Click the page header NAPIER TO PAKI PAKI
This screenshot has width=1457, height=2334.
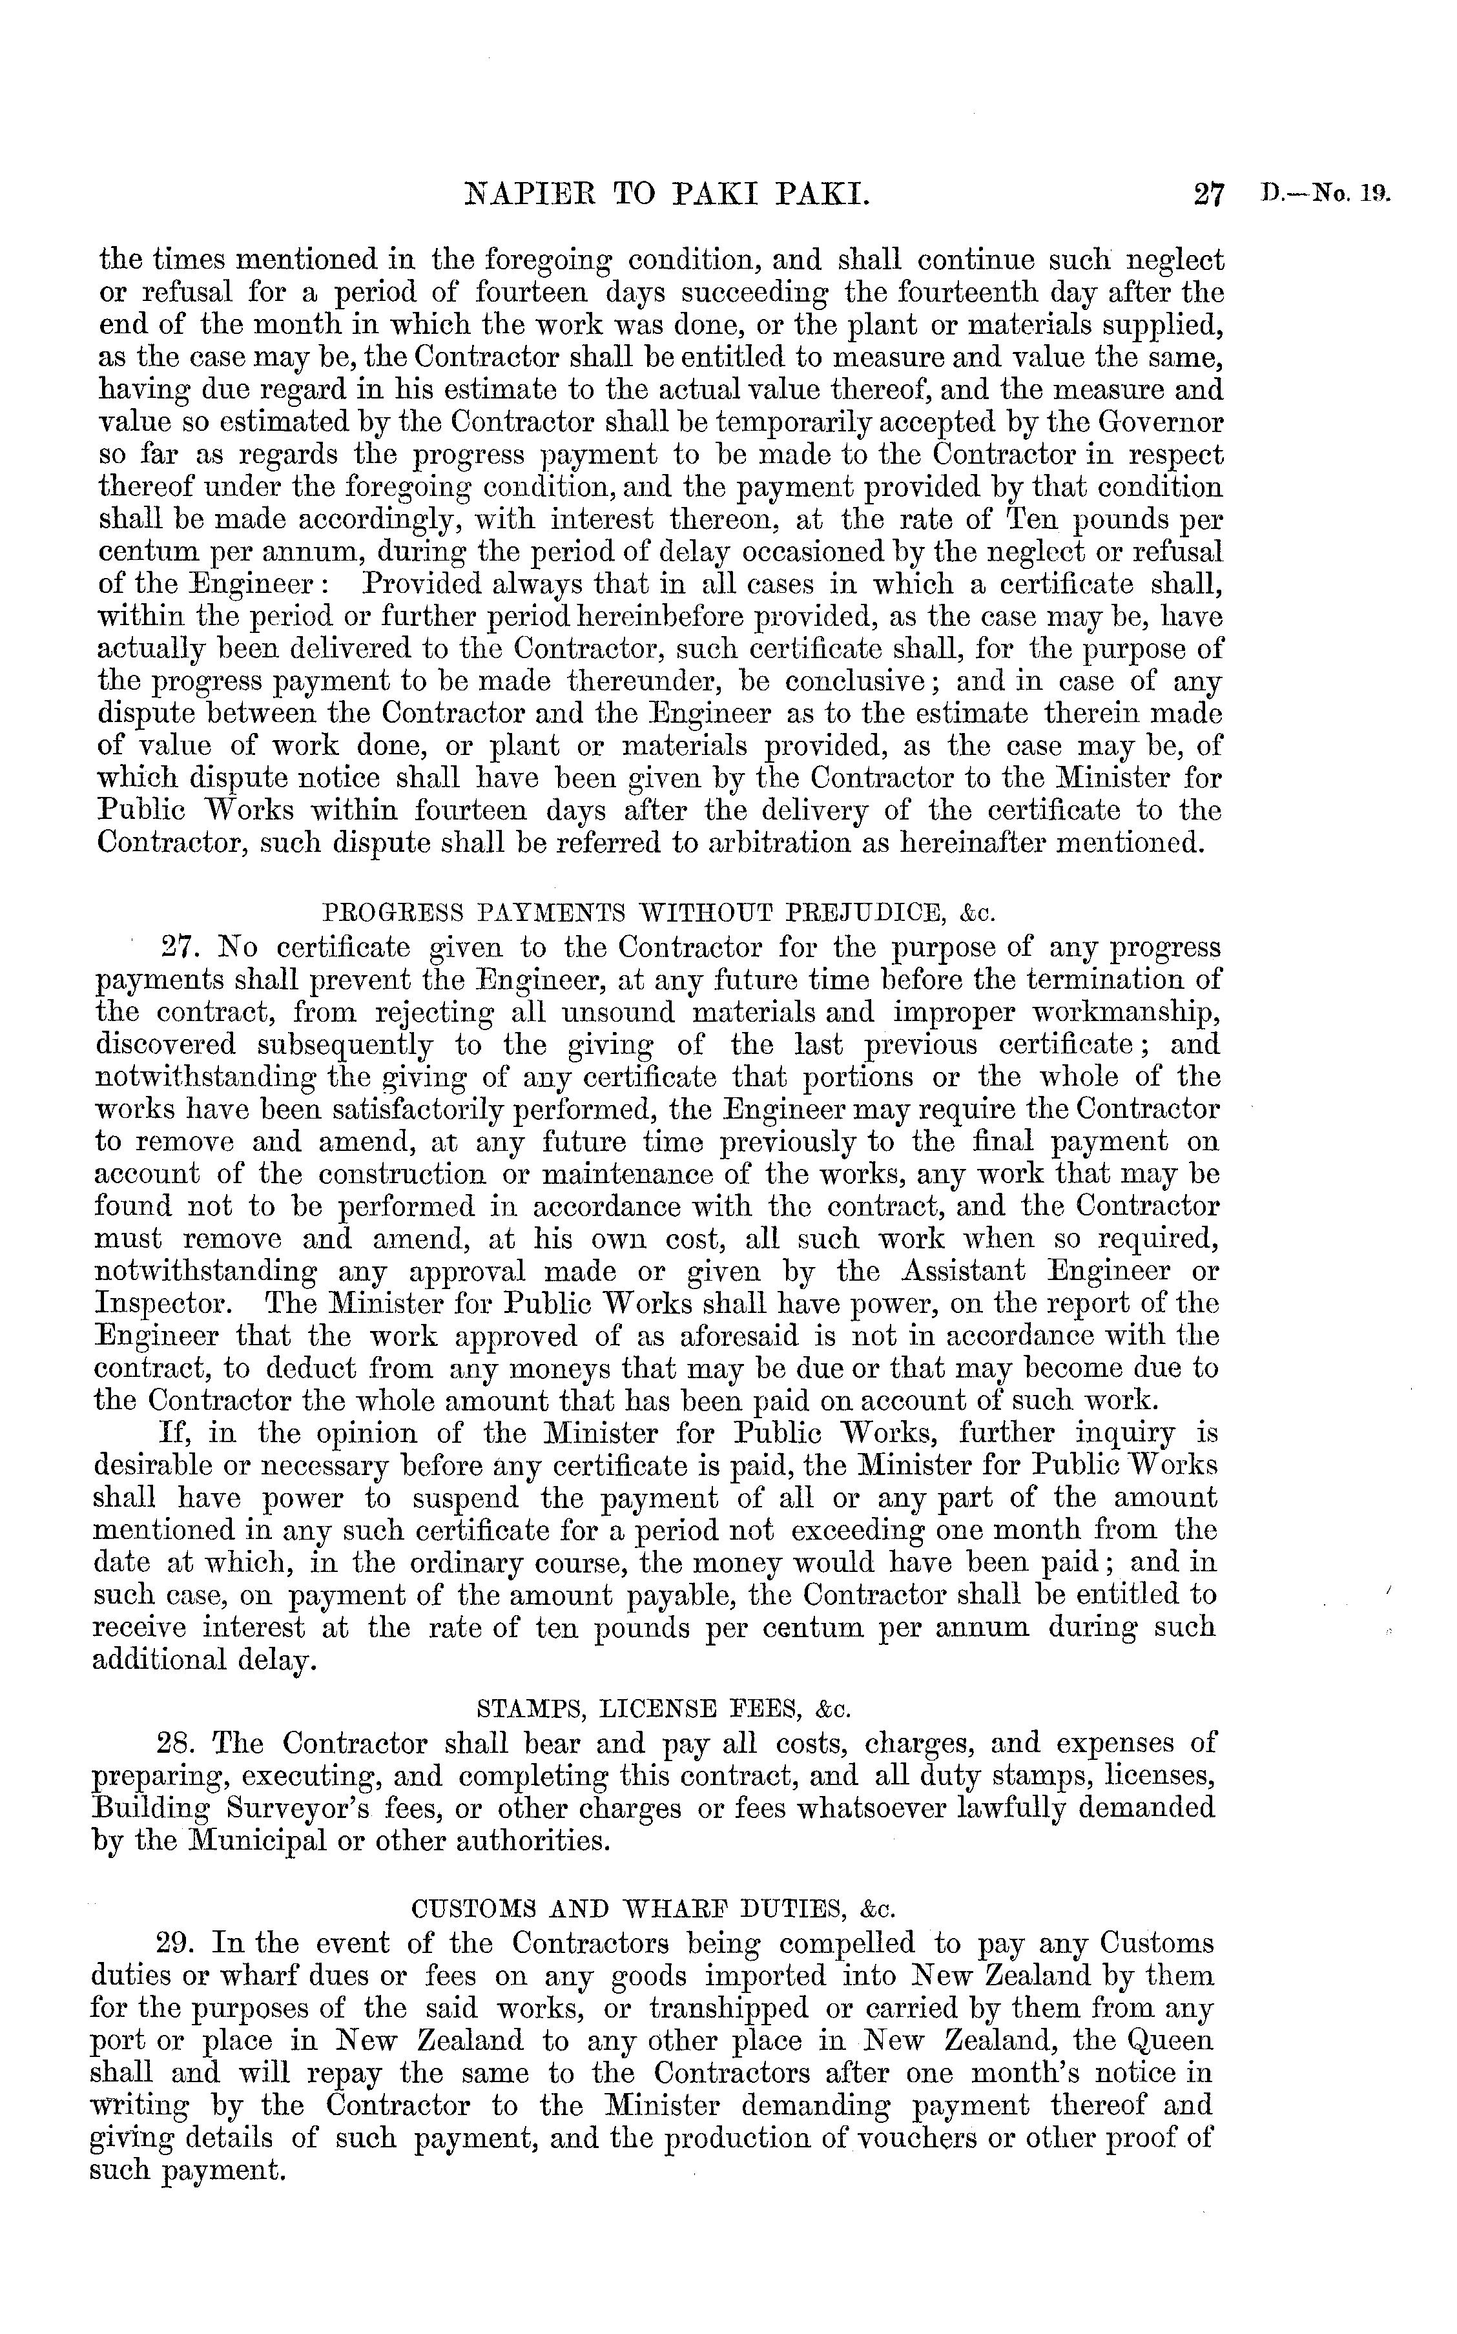pos(668,198)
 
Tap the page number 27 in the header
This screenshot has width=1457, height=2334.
pos(1208,198)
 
